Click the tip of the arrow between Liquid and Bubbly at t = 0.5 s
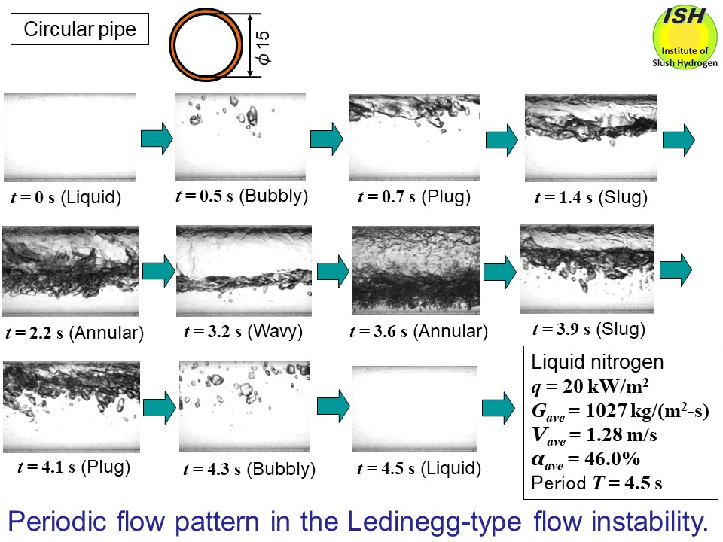tap(173, 139)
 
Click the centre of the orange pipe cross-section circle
tap(206, 44)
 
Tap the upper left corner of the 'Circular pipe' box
tap(11, 14)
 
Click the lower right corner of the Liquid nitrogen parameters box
tap(718, 499)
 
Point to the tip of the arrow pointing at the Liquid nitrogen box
tap(515, 408)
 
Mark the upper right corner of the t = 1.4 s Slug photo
tap(657, 95)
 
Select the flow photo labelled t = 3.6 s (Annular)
tap(416, 270)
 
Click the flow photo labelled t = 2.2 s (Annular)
tap(71, 271)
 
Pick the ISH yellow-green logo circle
tap(685, 37)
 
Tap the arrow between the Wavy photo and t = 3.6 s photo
tap(333, 272)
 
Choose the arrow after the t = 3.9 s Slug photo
tap(676, 269)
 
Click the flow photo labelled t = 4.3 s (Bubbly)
tap(244, 406)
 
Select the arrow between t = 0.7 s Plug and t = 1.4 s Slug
tap(502, 140)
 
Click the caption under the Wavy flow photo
tap(243, 331)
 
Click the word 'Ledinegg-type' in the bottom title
tap(434, 522)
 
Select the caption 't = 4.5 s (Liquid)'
tap(419, 469)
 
